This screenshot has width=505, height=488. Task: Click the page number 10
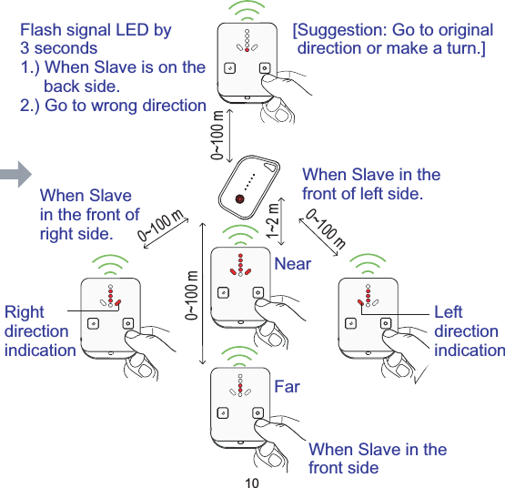[x=252, y=481]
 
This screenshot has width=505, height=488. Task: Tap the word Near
[x=292, y=264]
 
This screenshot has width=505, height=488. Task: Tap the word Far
[x=287, y=387]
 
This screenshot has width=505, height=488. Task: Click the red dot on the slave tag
[x=239, y=199]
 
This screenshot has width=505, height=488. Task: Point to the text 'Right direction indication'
[x=39, y=331]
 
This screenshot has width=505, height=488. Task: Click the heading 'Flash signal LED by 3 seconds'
[x=95, y=38]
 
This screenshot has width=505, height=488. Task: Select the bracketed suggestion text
[x=392, y=38]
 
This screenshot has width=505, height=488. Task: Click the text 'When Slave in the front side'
[x=378, y=458]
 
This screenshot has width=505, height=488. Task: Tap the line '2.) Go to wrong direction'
[x=113, y=105]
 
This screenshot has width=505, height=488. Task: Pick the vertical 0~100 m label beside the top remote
[x=217, y=136]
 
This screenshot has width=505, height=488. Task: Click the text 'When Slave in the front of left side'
[x=370, y=183]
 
